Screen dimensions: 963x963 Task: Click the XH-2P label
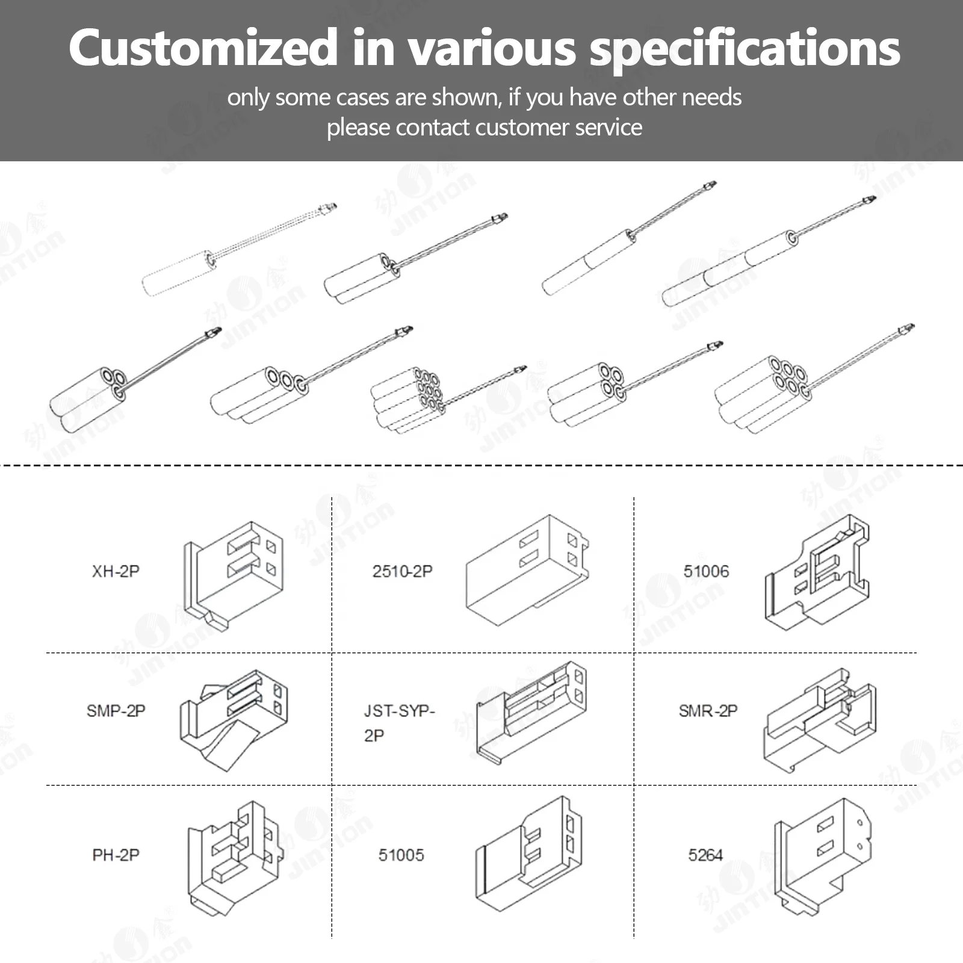pos(116,571)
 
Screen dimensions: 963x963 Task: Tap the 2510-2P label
pos(402,571)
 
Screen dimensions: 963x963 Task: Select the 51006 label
pos(706,571)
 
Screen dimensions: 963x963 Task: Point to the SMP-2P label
pos(116,711)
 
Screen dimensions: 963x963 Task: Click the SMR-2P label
pos(708,711)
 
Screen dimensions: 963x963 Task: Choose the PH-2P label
pos(116,855)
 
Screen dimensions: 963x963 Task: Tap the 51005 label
pos(401,855)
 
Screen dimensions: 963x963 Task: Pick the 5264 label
pos(705,855)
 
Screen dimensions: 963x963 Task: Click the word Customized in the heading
pos(203,48)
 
